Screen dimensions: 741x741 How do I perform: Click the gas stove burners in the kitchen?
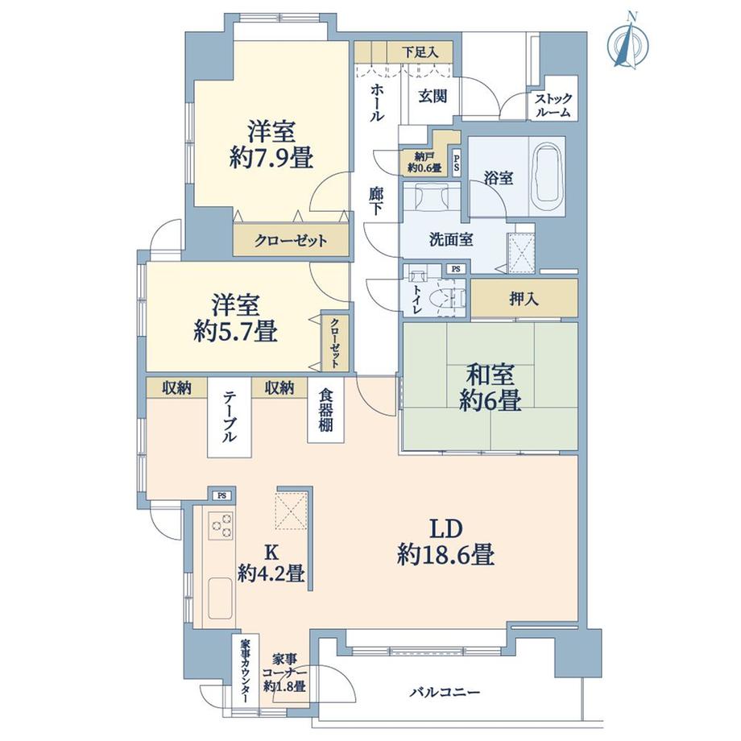tap(221, 525)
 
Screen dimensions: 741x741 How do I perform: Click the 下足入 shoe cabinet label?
tap(420, 52)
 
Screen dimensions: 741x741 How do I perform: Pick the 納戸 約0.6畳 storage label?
tap(424, 163)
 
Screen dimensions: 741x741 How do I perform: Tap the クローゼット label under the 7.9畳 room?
tap(291, 240)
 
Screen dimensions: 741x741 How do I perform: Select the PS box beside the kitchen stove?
tap(220, 495)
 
